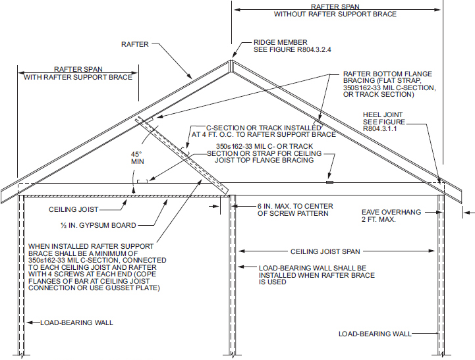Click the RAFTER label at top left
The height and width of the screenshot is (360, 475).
tap(135, 45)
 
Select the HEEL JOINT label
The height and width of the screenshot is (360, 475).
tap(383, 115)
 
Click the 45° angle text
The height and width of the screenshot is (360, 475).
tap(136, 155)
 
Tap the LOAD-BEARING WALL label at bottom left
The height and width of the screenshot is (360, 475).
tap(76, 322)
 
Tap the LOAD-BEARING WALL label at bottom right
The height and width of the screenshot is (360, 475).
tap(374, 334)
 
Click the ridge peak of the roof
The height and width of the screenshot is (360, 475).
tap(231, 62)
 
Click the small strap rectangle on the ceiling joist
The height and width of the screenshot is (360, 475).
tap(330, 181)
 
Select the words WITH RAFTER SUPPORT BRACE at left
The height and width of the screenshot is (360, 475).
tap(78, 77)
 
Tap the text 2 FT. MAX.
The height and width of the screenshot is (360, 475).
tap(379, 220)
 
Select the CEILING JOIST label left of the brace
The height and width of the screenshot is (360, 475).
tap(74, 209)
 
